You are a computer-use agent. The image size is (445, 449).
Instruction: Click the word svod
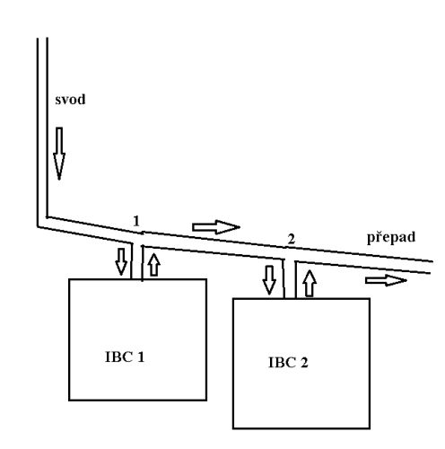click(70, 100)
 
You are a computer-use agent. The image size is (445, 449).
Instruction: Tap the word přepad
click(391, 238)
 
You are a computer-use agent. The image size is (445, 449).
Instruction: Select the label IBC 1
click(125, 357)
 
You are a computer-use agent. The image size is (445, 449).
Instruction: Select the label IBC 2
click(288, 362)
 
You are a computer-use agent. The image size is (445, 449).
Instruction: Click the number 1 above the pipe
click(136, 221)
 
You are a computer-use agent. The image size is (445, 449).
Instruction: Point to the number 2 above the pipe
click(292, 239)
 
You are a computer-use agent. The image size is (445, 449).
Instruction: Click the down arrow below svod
click(59, 154)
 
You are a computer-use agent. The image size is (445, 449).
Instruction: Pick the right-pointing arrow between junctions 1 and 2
click(216, 227)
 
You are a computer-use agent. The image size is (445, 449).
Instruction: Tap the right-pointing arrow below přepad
click(386, 280)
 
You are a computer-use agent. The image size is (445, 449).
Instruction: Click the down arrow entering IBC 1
click(121, 261)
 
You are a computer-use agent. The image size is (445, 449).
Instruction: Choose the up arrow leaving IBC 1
click(154, 265)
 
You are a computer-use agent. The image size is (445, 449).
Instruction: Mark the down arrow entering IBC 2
click(269, 280)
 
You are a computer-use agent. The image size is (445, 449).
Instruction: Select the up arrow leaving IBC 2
click(310, 284)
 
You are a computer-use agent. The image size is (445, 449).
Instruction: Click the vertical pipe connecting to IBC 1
click(137, 261)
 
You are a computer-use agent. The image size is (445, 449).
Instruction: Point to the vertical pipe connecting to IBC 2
click(290, 279)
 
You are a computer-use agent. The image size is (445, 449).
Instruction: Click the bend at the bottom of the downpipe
click(42, 222)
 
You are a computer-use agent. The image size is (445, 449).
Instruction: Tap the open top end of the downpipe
click(42, 39)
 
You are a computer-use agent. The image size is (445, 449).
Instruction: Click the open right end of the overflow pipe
click(432, 267)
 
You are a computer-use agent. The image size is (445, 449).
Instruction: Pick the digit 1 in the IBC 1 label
click(141, 357)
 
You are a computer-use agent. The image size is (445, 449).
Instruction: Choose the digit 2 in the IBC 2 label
click(304, 362)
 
